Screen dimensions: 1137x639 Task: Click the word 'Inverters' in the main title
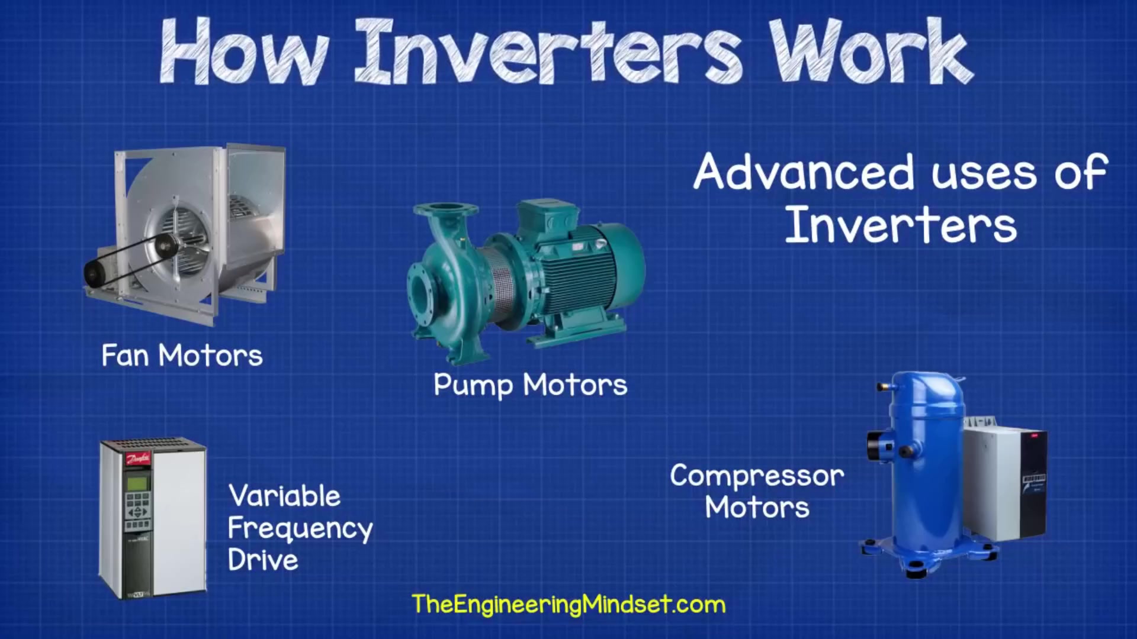pos(548,52)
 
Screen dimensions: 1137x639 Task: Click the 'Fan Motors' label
pos(182,356)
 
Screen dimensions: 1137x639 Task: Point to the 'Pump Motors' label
pos(530,385)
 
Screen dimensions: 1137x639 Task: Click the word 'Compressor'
pos(757,476)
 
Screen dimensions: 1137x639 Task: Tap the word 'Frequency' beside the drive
pos(300,529)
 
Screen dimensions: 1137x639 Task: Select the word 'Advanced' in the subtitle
pos(804,172)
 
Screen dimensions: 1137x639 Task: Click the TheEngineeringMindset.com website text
pos(568,605)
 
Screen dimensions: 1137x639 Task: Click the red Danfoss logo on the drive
pos(138,458)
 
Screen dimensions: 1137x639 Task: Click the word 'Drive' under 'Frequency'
pos(263,560)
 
